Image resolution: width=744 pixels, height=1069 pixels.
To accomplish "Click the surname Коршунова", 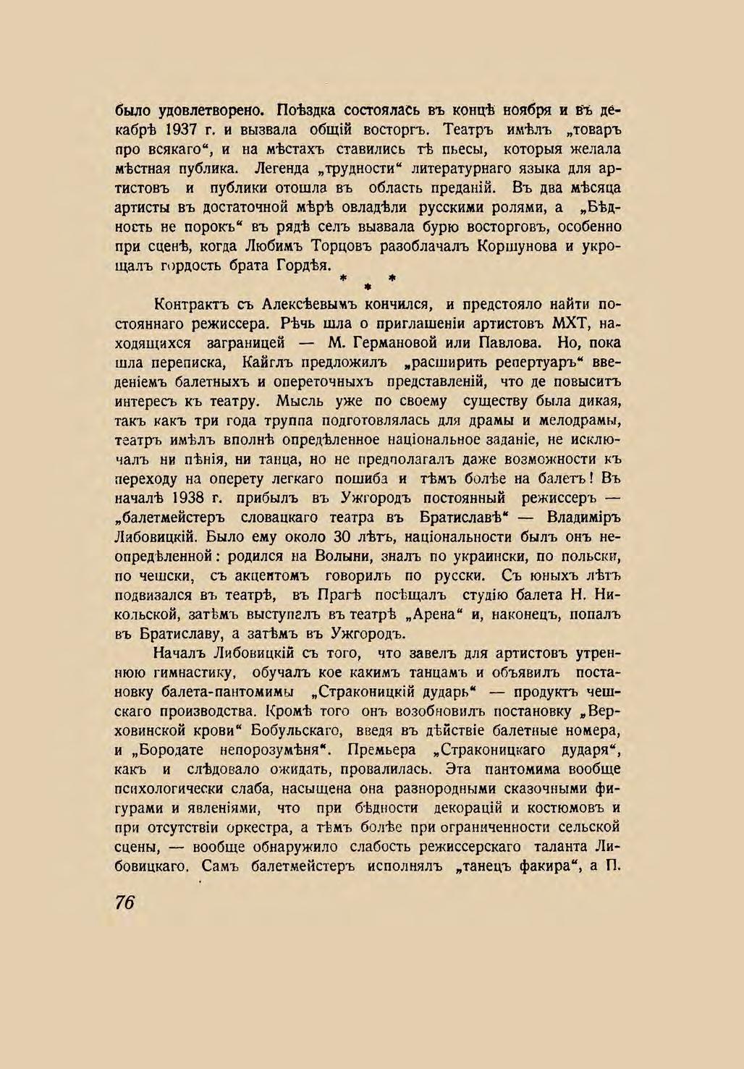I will (x=517, y=246).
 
